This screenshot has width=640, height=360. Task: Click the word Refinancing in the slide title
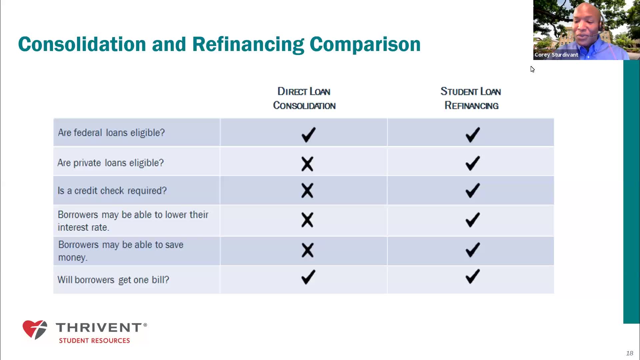(x=248, y=44)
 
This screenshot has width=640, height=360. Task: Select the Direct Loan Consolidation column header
(x=304, y=98)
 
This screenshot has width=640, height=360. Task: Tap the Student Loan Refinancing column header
(x=471, y=98)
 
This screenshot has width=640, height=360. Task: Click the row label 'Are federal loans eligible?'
(x=111, y=133)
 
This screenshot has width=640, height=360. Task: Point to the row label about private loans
(x=111, y=163)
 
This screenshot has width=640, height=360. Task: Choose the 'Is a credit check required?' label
(x=112, y=191)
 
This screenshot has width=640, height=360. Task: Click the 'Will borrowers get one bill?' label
(x=113, y=280)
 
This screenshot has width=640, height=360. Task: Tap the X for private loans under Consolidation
(x=307, y=164)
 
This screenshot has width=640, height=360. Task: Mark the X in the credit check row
(x=307, y=191)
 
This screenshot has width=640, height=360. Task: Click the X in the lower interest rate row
(x=307, y=220)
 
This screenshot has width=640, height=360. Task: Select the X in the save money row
(x=307, y=250)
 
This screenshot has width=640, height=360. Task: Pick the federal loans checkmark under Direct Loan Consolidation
(x=308, y=135)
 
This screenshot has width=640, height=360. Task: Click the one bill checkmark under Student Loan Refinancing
(x=473, y=276)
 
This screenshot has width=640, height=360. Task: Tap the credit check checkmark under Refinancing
(x=473, y=190)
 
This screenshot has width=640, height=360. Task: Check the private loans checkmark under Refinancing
(x=473, y=163)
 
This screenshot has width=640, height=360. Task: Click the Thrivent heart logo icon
(x=35, y=330)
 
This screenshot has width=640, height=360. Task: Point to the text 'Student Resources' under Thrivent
(x=94, y=341)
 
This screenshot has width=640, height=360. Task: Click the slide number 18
(x=629, y=353)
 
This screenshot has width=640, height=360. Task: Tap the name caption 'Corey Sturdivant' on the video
(x=556, y=55)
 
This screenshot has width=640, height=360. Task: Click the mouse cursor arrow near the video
(x=532, y=69)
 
